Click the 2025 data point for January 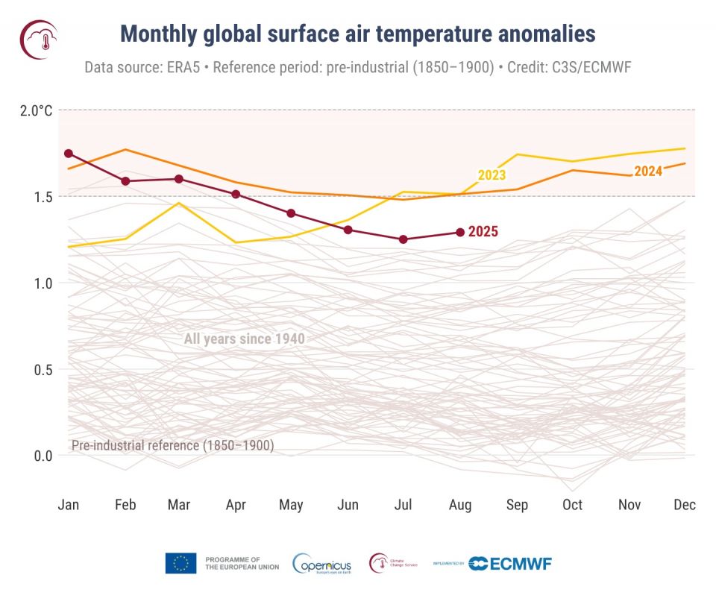pyautogui.click(x=69, y=154)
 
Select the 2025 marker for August pyautogui.click(x=460, y=232)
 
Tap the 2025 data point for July pyautogui.click(x=403, y=239)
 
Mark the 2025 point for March pyautogui.click(x=179, y=179)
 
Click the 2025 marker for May pyautogui.click(x=291, y=213)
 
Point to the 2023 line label pyautogui.click(x=492, y=175)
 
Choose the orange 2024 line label pyautogui.click(x=648, y=172)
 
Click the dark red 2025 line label pyautogui.click(x=483, y=232)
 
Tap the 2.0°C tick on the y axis pyautogui.click(x=37, y=110)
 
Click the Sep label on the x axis pyautogui.click(x=517, y=505)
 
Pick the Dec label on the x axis pyautogui.click(x=684, y=505)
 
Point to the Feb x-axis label pyautogui.click(x=125, y=505)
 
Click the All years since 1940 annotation pyautogui.click(x=245, y=339)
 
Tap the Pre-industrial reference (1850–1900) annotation pyautogui.click(x=172, y=446)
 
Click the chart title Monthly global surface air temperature pyautogui.click(x=358, y=34)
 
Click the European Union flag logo pyautogui.click(x=181, y=563)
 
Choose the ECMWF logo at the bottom pyautogui.click(x=511, y=564)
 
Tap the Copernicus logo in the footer pyautogui.click(x=322, y=564)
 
